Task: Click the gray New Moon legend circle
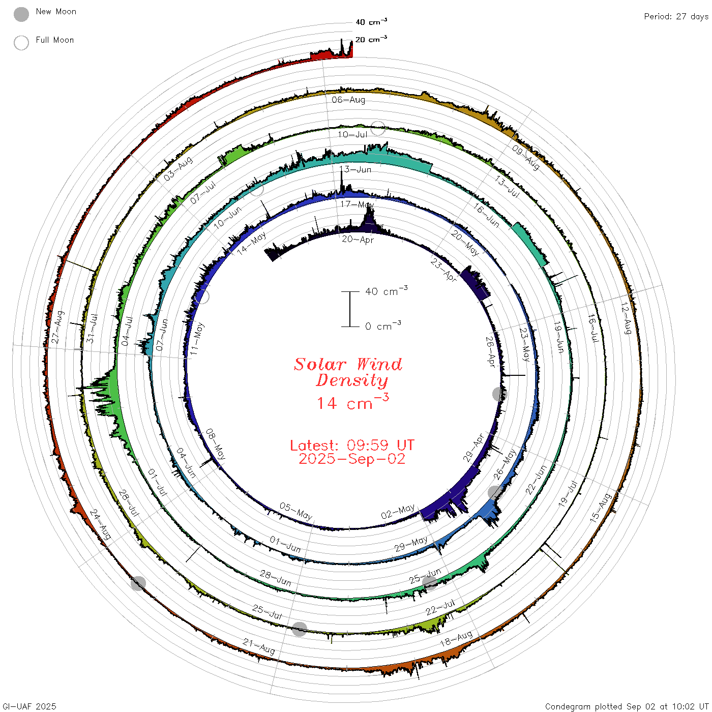21,14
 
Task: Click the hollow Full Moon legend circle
21,43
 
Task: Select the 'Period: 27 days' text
676,17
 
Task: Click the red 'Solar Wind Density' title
348,372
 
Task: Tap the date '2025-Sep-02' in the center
352,459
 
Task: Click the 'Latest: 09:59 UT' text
352,445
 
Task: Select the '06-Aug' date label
348,100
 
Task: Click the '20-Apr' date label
358,240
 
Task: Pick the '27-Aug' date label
57,327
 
